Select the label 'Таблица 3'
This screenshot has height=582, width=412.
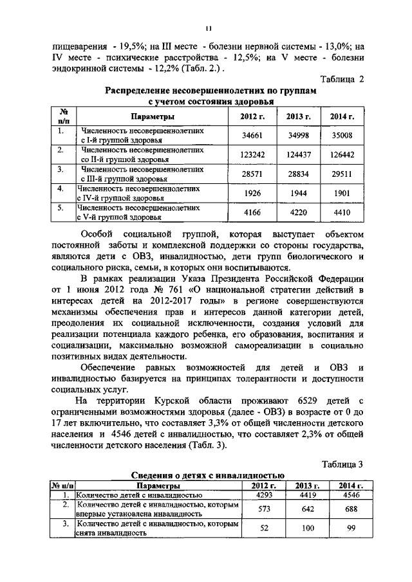point(342,463)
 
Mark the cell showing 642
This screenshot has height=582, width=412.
point(307,509)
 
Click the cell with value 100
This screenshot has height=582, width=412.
point(307,529)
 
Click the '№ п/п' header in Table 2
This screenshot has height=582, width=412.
point(64,116)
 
